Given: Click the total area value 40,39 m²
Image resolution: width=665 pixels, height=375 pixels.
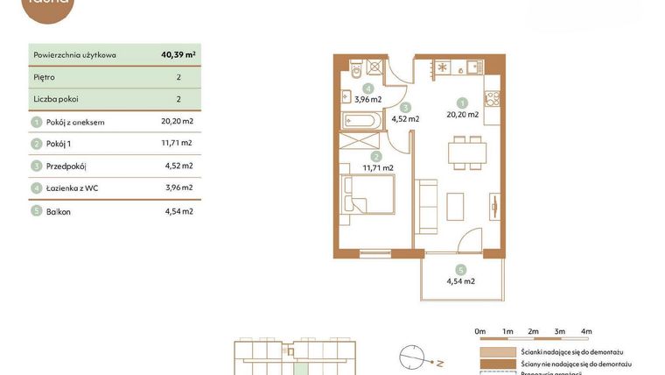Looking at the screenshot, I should click(x=178, y=54).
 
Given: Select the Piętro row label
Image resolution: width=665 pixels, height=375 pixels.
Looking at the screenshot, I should click(x=43, y=77).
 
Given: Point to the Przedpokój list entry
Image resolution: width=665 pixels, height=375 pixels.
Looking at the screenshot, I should click(x=66, y=166).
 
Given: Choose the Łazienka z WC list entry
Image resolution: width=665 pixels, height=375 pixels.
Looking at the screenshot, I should click(x=72, y=187).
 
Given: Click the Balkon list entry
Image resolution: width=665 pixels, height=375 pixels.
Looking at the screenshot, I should click(x=58, y=211).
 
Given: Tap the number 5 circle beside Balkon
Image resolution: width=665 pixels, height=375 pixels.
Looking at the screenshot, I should click(x=36, y=211).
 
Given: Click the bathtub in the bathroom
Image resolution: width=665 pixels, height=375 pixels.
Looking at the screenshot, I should click(x=361, y=120).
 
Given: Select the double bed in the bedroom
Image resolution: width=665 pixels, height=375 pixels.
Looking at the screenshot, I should click(x=368, y=194).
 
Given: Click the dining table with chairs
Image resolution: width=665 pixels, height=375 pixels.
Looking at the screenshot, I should click(x=467, y=153).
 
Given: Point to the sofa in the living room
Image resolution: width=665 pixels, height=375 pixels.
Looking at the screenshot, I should click(x=426, y=207).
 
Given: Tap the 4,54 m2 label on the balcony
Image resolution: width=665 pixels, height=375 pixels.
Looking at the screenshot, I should click(x=460, y=281).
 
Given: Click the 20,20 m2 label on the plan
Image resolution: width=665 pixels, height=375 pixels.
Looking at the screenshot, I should click(x=462, y=114).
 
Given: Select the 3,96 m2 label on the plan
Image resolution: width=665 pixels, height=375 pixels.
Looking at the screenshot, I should click(x=368, y=99).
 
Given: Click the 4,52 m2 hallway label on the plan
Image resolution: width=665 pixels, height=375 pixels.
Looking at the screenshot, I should click(x=405, y=118).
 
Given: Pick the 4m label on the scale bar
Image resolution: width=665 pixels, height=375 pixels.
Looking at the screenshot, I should click(x=586, y=331).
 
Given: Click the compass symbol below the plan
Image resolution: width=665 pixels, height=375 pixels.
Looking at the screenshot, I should click(x=411, y=358).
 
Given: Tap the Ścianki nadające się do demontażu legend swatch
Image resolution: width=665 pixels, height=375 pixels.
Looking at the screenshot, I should click(x=497, y=351).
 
